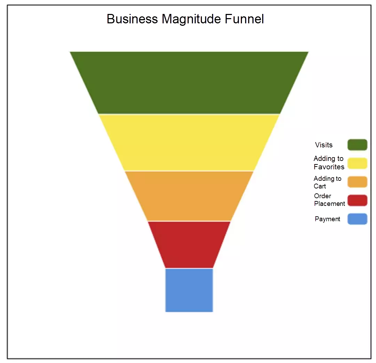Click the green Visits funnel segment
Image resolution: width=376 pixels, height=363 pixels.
pyautogui.click(x=189, y=83)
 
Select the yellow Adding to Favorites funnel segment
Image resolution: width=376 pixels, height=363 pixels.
pyautogui.click(x=189, y=142)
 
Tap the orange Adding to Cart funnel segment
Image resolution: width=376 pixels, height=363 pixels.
pyautogui.click(x=189, y=196)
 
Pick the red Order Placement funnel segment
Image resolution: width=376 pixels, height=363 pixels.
pyautogui.click(x=189, y=244)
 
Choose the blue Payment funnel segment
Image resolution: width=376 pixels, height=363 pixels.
pyautogui.click(x=189, y=290)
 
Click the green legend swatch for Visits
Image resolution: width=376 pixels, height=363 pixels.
pyautogui.click(x=357, y=145)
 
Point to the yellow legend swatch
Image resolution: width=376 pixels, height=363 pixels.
pyautogui.click(x=357, y=163)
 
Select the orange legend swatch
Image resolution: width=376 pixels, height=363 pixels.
pyautogui.click(x=357, y=182)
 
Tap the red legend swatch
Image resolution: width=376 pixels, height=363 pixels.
pyautogui.click(x=357, y=200)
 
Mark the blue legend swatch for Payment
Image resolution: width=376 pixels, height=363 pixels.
pyautogui.click(x=357, y=219)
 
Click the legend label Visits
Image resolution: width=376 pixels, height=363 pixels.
pyautogui.click(x=324, y=145)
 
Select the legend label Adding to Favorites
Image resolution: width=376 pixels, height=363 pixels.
pyautogui.click(x=329, y=163)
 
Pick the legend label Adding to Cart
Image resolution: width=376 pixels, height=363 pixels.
pyautogui.click(x=328, y=182)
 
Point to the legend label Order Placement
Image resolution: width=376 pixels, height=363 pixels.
pyautogui.click(x=329, y=200)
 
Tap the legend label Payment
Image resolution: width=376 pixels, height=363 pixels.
pyautogui.click(x=328, y=219)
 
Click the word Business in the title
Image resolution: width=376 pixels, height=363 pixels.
pyautogui.click(x=132, y=19)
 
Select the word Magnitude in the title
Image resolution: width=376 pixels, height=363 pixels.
pyautogui.click(x=191, y=19)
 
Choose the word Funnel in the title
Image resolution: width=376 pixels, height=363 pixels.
pyautogui.click(x=244, y=19)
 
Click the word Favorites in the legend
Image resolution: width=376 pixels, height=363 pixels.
pyautogui.click(x=329, y=167)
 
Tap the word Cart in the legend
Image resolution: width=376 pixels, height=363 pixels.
pyautogui.click(x=320, y=186)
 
